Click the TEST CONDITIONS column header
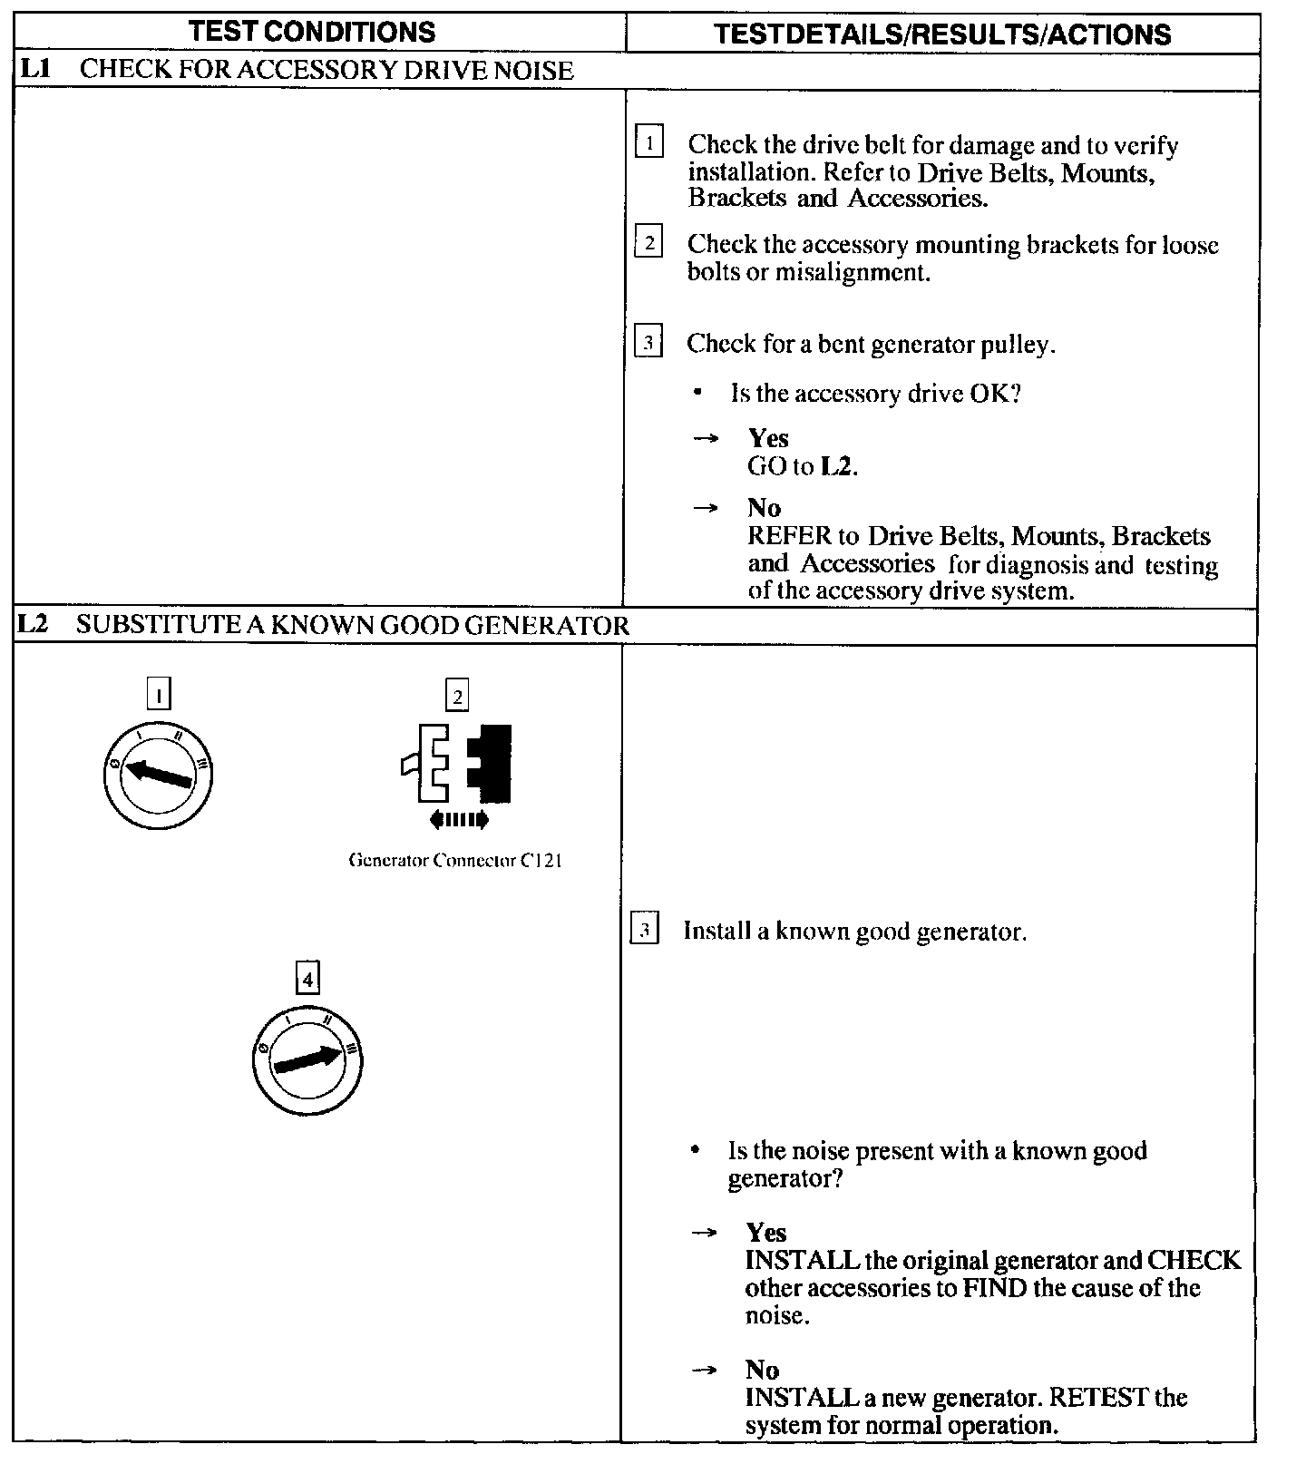313,32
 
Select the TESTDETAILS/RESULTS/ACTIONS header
942,34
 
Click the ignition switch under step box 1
158,776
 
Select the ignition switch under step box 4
307,1059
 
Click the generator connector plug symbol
457,763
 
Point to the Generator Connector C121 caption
455,861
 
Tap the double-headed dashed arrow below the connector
459,820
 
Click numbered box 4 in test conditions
308,980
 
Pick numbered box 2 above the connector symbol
457,697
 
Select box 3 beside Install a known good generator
644,931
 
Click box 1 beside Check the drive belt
649,143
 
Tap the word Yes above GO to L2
768,438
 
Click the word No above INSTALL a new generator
763,1369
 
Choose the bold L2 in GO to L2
837,467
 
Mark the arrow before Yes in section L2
705,1233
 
